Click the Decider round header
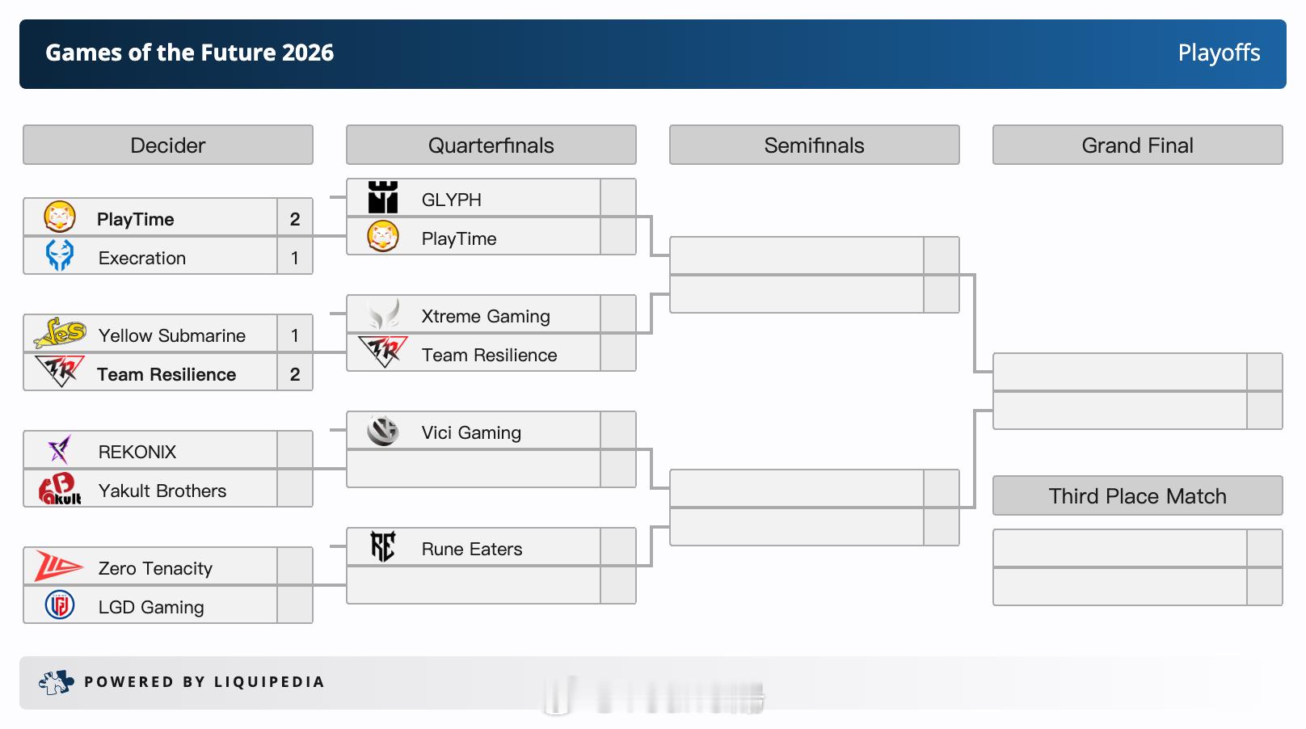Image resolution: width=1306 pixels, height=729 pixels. click(168, 145)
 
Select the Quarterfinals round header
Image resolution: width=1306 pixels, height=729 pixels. click(491, 145)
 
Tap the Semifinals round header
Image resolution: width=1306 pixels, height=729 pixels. click(815, 145)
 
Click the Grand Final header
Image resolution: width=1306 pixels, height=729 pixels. click(1138, 145)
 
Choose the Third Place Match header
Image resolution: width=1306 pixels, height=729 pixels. click(1138, 495)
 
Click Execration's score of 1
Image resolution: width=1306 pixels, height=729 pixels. click(295, 258)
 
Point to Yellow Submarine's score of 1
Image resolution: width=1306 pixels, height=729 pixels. click(295, 335)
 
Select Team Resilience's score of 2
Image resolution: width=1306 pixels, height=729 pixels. click(295, 374)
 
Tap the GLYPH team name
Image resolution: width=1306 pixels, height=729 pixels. click(451, 200)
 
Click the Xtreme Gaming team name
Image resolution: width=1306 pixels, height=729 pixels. click(486, 316)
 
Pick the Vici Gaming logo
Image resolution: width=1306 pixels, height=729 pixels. click(382, 432)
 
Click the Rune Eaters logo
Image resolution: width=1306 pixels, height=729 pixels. click(382, 546)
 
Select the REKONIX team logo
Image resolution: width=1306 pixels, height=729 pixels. click(60, 449)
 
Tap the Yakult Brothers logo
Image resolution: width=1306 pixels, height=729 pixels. click(60, 489)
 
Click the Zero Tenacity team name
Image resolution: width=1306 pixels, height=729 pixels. click(155, 569)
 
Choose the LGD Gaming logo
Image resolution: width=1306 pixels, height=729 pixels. click(60, 605)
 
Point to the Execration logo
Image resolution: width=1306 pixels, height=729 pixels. click(60, 255)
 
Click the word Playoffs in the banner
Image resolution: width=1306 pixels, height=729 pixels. click(1220, 53)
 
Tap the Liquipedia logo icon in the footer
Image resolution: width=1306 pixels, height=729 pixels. click(56, 682)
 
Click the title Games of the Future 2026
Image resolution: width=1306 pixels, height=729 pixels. click(189, 53)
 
